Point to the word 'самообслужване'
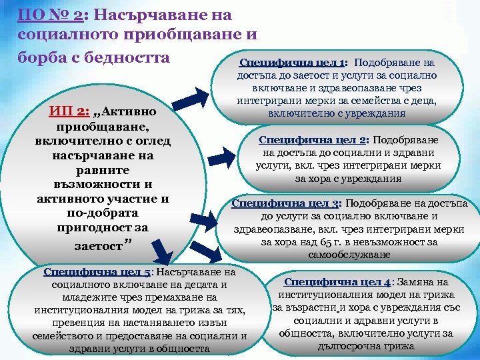(x=349, y=255)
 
